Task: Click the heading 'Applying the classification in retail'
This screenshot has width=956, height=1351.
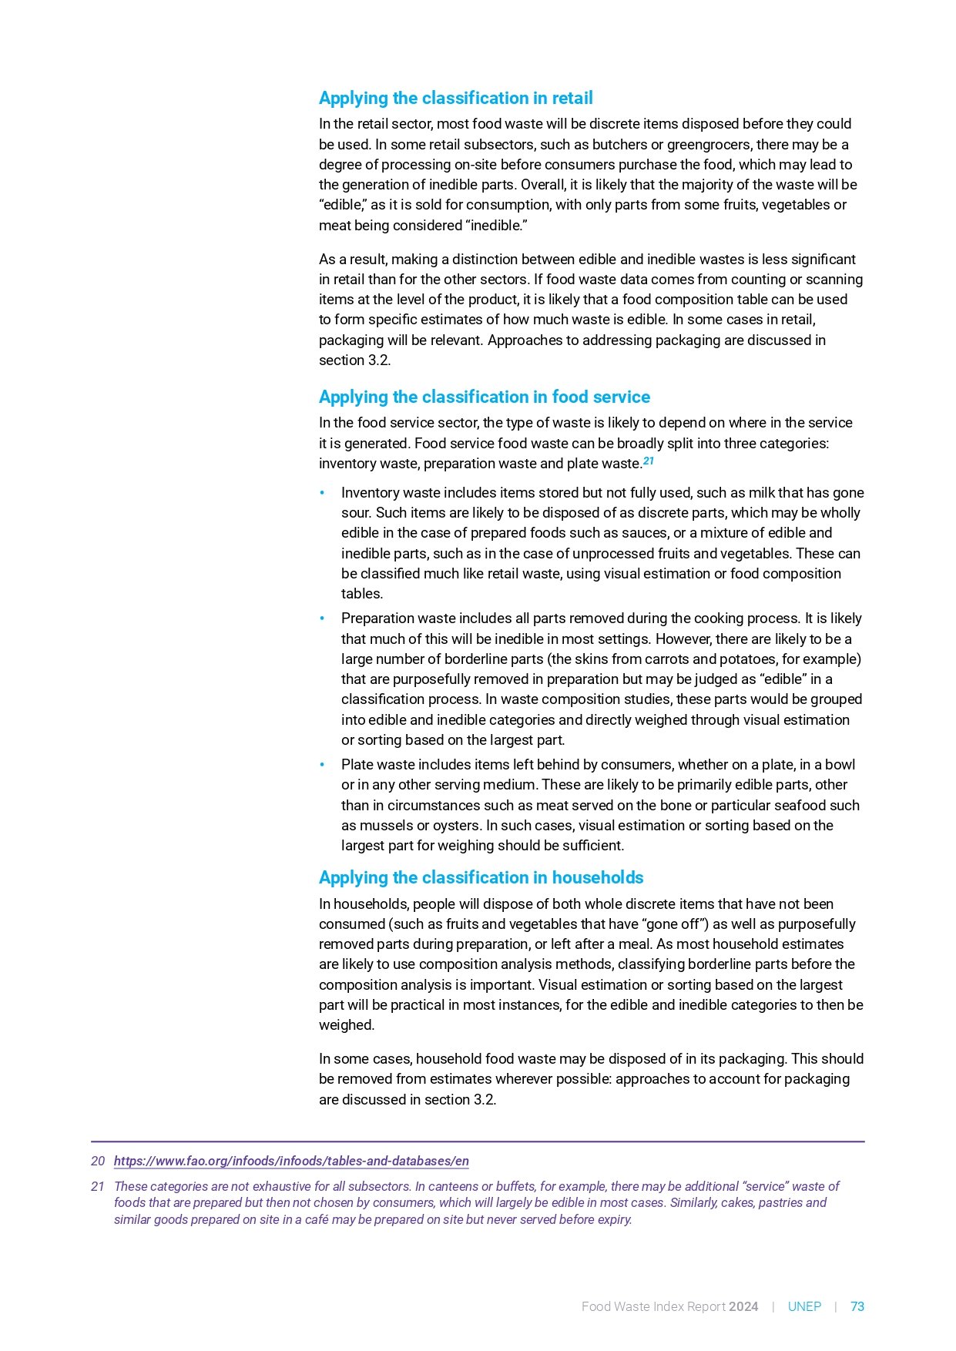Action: pos(455,99)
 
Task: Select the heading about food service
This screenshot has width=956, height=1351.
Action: pos(484,397)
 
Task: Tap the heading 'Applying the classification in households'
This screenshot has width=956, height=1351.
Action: pos(481,878)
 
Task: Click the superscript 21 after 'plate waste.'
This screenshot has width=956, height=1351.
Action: pos(649,461)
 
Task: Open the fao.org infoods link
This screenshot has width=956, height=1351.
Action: pos(291,1162)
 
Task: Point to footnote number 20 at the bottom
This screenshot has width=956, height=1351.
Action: pos(98,1162)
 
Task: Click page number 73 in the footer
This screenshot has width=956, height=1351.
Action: pos(857,1306)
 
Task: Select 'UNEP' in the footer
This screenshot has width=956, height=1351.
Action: pos(804,1306)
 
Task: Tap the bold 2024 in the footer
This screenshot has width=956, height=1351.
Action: pos(743,1306)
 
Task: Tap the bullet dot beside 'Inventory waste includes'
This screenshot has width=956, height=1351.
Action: pos(323,493)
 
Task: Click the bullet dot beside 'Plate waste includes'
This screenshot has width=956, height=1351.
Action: pos(323,765)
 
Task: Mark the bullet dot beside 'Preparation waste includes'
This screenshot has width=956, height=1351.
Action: pos(323,619)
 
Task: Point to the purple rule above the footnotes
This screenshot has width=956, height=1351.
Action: pos(478,1141)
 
